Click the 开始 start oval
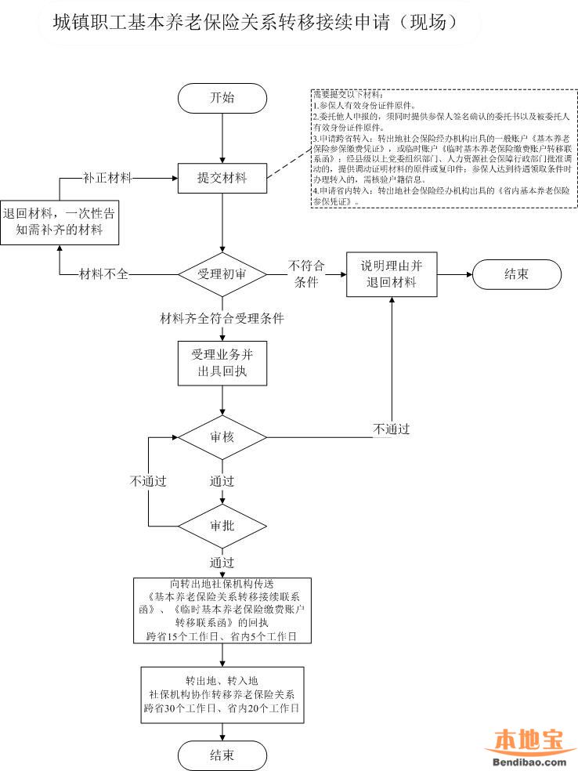point(222,97)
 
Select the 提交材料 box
point(222,179)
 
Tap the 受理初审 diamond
point(222,274)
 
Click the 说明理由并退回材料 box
point(392,274)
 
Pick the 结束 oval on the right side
point(516,274)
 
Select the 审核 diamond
point(222,436)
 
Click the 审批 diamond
point(222,525)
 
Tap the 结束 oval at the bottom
point(222,755)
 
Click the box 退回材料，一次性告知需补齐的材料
point(63,222)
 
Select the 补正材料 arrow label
point(108,178)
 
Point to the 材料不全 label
point(104,274)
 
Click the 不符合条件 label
point(306,273)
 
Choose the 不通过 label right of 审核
point(392,429)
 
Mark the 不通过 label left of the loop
point(148,480)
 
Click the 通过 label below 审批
point(222,563)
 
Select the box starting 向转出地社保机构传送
point(222,610)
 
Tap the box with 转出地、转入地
point(222,693)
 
